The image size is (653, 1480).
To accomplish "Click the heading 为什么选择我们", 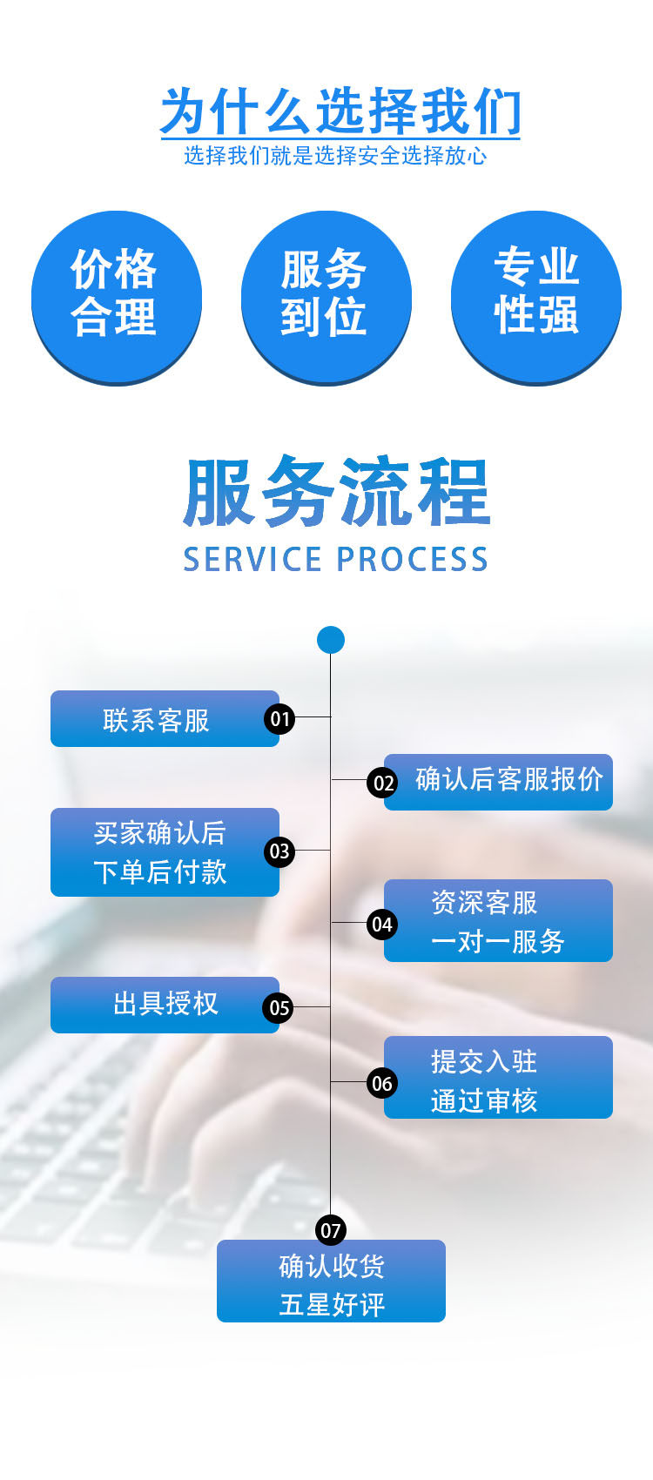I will [340, 111].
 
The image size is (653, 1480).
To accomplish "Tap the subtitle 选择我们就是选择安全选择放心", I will [335, 156].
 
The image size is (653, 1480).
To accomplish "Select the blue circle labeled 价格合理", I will [116, 296].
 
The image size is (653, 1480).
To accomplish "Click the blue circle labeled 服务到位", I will [326, 296].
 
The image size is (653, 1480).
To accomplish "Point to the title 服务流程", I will [336, 493].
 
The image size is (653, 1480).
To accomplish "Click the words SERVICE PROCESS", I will [335, 559].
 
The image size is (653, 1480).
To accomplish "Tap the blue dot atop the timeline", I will [331, 640].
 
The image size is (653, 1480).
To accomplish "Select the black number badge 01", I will [279, 719].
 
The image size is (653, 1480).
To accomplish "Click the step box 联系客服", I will [157, 719].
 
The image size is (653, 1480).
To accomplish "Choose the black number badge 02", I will [383, 783].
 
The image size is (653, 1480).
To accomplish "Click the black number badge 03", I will [279, 851].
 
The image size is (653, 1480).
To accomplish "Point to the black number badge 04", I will [382, 925].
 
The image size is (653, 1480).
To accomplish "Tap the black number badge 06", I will [382, 1084].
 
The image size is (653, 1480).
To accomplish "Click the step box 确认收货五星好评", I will [331, 1283].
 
